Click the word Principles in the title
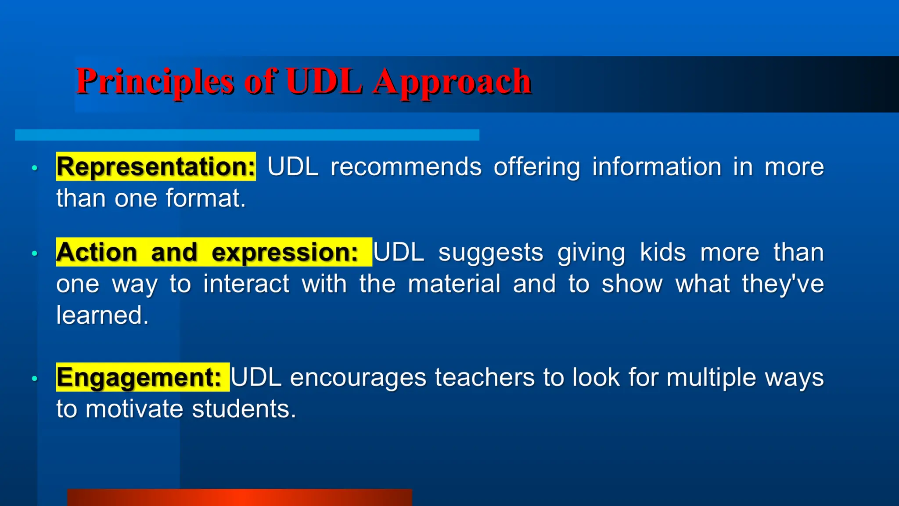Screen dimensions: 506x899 (x=155, y=82)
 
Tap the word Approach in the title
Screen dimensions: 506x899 (x=452, y=82)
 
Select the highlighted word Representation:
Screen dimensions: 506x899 (x=156, y=167)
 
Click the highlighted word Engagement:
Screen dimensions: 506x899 (x=139, y=377)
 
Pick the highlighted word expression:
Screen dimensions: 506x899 (x=285, y=253)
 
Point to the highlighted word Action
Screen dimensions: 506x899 (x=97, y=253)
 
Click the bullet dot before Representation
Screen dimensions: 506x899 (x=35, y=168)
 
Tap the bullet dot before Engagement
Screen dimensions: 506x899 (x=35, y=378)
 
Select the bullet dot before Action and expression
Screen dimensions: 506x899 (x=35, y=253)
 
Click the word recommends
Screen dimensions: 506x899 (x=406, y=167)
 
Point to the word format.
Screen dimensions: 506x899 (x=205, y=199)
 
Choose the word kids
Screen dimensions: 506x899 (x=662, y=253)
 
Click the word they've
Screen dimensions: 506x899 (x=783, y=284)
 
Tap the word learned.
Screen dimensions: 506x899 (x=102, y=315)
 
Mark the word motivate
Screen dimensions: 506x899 (x=134, y=409)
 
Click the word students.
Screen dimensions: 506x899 (x=244, y=409)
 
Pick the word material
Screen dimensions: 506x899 (x=454, y=284)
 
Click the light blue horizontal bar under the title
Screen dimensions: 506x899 (x=247, y=135)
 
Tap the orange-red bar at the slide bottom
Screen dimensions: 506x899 (x=239, y=497)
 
